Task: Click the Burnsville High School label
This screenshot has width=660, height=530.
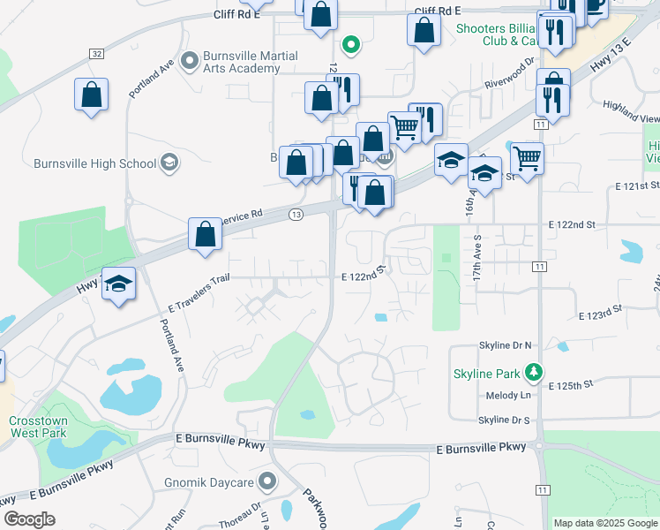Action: pos(94,163)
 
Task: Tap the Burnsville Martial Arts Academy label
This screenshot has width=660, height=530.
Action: pos(250,62)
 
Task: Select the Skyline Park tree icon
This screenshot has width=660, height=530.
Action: pos(533,373)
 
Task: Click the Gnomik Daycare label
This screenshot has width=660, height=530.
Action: pos(209,482)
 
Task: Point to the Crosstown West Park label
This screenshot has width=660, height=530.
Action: pos(38,428)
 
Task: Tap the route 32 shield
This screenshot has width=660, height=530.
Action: pos(95,54)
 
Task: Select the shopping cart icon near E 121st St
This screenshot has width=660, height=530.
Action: pos(527,160)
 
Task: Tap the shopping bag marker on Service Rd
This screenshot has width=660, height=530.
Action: pos(205,235)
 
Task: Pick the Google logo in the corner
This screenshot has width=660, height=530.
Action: pos(29,519)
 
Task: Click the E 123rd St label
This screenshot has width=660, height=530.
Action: pos(600,314)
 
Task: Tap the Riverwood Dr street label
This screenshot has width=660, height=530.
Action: pos(511,74)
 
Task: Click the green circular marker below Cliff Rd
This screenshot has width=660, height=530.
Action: pos(350,43)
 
